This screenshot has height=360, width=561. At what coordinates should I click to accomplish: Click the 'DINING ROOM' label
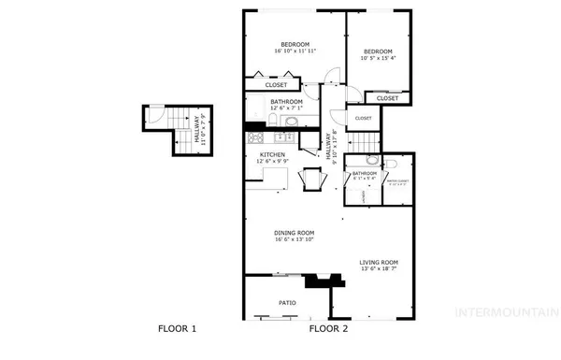pyautogui.click(x=294, y=233)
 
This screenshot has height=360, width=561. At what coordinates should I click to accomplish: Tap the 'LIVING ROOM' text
pyautogui.click(x=379, y=263)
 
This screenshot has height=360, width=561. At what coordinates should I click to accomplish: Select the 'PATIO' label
pyautogui.click(x=287, y=303)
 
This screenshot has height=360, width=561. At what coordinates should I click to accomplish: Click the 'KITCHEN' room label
pyautogui.click(x=272, y=155)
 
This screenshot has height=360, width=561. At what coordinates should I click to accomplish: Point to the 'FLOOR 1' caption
pyautogui.click(x=177, y=329)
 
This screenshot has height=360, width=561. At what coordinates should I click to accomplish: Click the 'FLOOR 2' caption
pyautogui.click(x=328, y=329)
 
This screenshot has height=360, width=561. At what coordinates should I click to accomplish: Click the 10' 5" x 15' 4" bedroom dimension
pyautogui.click(x=378, y=58)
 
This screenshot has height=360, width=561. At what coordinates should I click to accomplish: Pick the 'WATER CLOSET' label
pyautogui.click(x=397, y=180)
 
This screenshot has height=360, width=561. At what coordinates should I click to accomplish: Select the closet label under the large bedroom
pyautogui.click(x=276, y=85)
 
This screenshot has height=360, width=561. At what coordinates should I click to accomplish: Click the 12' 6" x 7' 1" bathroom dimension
pyautogui.click(x=286, y=108)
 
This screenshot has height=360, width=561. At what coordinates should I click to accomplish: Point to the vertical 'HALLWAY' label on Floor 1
pyautogui.click(x=197, y=129)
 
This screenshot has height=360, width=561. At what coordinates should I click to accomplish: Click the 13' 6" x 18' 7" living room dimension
pyautogui.click(x=379, y=270)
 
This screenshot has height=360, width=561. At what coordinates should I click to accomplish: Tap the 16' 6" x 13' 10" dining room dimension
pyautogui.click(x=294, y=240)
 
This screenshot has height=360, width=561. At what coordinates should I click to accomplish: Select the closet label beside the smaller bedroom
pyautogui.click(x=388, y=97)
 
